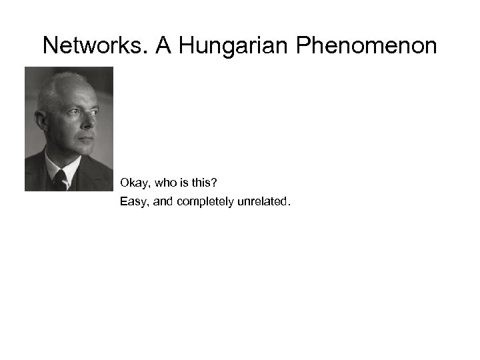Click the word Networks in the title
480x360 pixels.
pyautogui.click(x=95, y=46)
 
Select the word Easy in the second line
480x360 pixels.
pyautogui.click(x=133, y=201)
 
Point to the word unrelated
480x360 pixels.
pyautogui.click(x=264, y=201)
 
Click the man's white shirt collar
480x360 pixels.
pyautogui.click(x=53, y=164)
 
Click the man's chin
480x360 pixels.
pyautogui.click(x=83, y=153)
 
